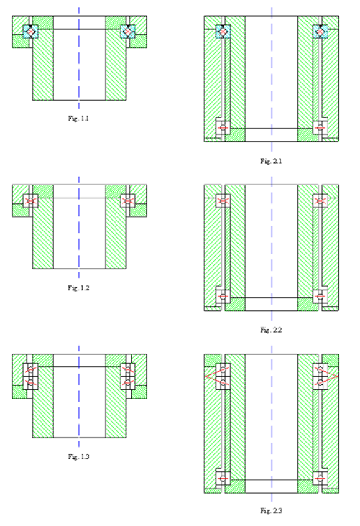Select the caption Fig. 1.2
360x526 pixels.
point(78,288)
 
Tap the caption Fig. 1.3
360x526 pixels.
point(78,456)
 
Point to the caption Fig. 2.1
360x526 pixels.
point(271,161)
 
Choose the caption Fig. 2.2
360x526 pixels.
point(271,330)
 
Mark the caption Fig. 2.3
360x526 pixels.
point(271,511)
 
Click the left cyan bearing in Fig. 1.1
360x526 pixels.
point(30,32)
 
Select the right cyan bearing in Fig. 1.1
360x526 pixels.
point(127,32)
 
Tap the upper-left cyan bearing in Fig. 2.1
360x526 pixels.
point(222,32)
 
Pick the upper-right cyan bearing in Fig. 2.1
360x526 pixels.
point(320,32)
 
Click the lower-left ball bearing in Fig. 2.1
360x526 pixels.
point(222,128)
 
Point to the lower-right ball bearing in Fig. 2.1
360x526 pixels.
point(320,128)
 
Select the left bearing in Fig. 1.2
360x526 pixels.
point(30,201)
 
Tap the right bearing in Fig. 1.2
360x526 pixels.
point(128,201)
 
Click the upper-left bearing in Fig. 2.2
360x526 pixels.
point(222,201)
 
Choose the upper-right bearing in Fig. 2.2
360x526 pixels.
point(320,201)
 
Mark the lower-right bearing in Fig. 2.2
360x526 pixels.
point(320,297)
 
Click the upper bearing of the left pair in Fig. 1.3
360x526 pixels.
point(30,370)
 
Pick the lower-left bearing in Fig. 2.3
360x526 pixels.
point(222,478)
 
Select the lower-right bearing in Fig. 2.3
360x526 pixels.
point(320,478)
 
